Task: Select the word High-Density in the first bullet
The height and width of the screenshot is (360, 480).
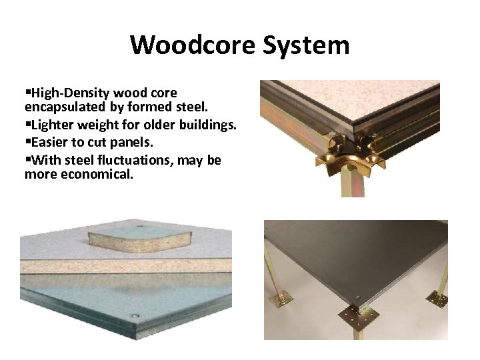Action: click(x=63, y=92)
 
